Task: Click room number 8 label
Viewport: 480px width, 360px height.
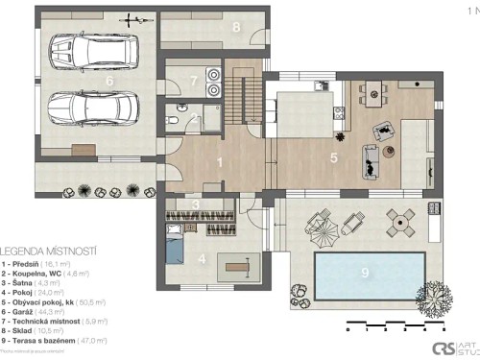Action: pos(236,27)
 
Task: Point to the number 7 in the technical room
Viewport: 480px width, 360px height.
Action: pos(193,82)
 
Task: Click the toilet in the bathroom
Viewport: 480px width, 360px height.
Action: pos(171,121)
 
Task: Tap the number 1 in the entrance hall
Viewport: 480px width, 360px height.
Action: pos(220,162)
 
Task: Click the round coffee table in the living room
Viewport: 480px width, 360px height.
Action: pos(390,151)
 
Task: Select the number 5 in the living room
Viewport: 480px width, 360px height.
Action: pos(333,156)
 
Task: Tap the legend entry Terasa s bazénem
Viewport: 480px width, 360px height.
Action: pos(54,340)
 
